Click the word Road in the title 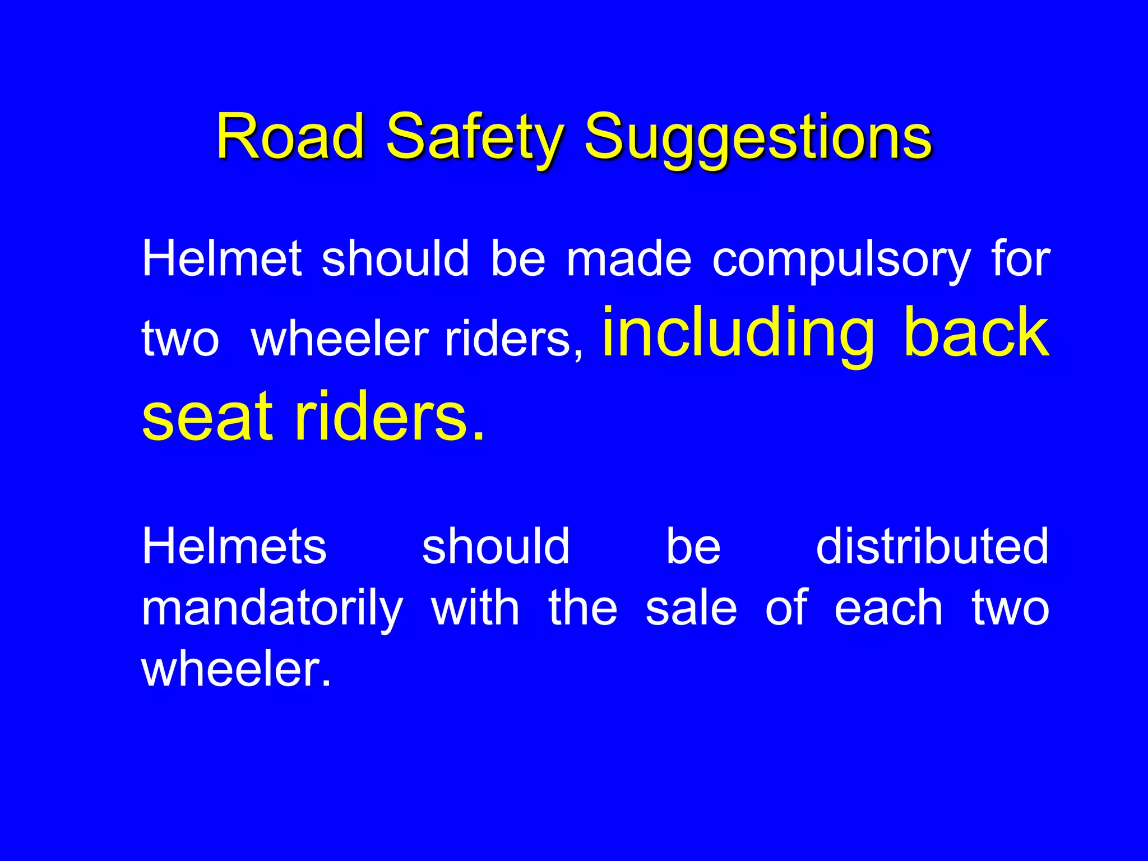pos(290,136)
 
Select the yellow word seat pos(207,415)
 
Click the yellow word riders pos(382,415)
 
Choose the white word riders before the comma pos(508,339)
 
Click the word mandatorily pos(272,609)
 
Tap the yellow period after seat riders pos(477,436)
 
